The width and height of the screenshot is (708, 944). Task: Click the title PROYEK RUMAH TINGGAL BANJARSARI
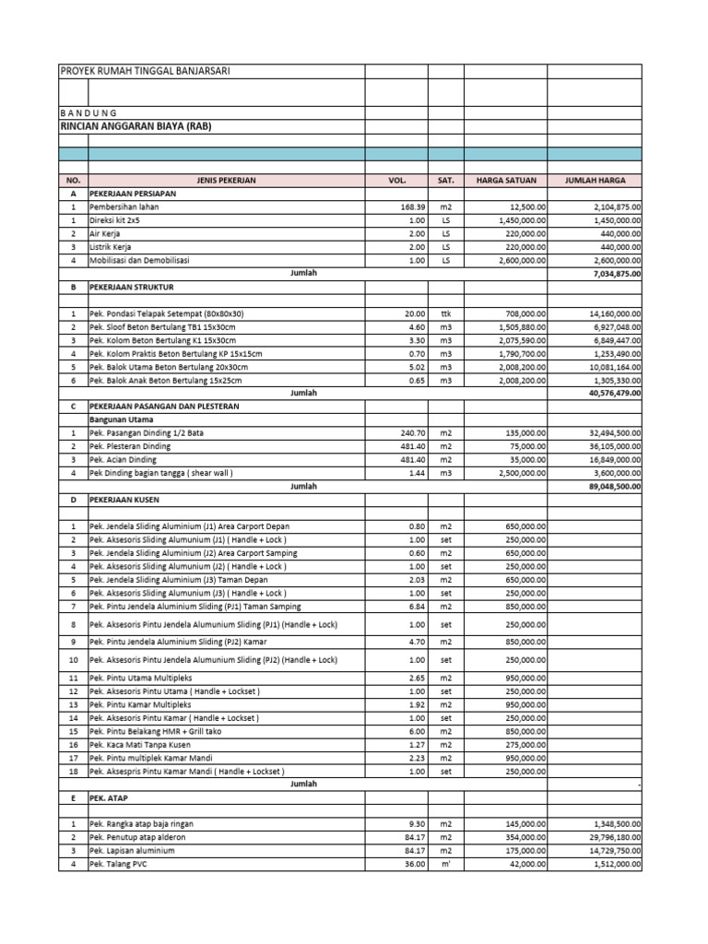[x=145, y=72]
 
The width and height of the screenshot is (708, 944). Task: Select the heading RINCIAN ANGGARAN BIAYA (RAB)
[x=136, y=126]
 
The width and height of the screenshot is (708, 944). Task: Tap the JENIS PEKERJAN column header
[x=226, y=181]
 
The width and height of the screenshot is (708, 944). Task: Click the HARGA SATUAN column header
[x=505, y=181]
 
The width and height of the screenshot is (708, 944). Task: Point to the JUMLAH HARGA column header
[x=595, y=181]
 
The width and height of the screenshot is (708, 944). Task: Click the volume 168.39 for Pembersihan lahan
[x=412, y=207]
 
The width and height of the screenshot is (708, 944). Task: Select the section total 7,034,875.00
[x=611, y=274]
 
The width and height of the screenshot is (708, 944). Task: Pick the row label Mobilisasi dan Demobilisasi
[x=139, y=261]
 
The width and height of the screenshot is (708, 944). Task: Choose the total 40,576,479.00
[x=609, y=393]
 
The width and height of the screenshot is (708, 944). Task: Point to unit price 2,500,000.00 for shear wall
[x=517, y=473]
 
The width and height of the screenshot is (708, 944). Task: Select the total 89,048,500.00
[x=609, y=486]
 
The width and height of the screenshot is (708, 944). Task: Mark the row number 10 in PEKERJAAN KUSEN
[x=73, y=660]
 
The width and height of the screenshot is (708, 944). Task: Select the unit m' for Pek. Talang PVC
[x=445, y=864]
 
